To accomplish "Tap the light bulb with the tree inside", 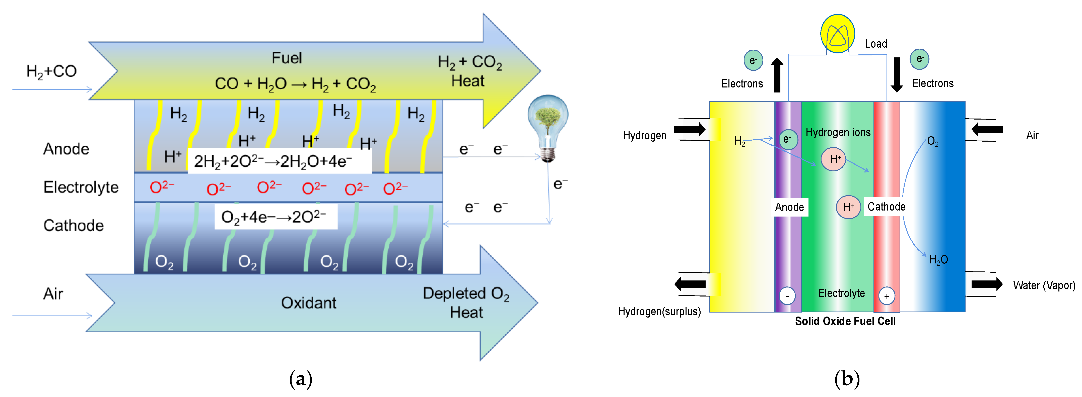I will (548, 126).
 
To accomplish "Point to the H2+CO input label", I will (51, 71).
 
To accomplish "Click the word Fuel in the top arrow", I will (287, 58).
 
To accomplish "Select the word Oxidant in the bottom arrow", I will (308, 303).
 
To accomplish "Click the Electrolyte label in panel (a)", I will (81, 187).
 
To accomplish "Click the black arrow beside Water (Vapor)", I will (987, 284).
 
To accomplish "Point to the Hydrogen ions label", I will (838, 133).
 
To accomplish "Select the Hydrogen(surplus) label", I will (659, 311).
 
